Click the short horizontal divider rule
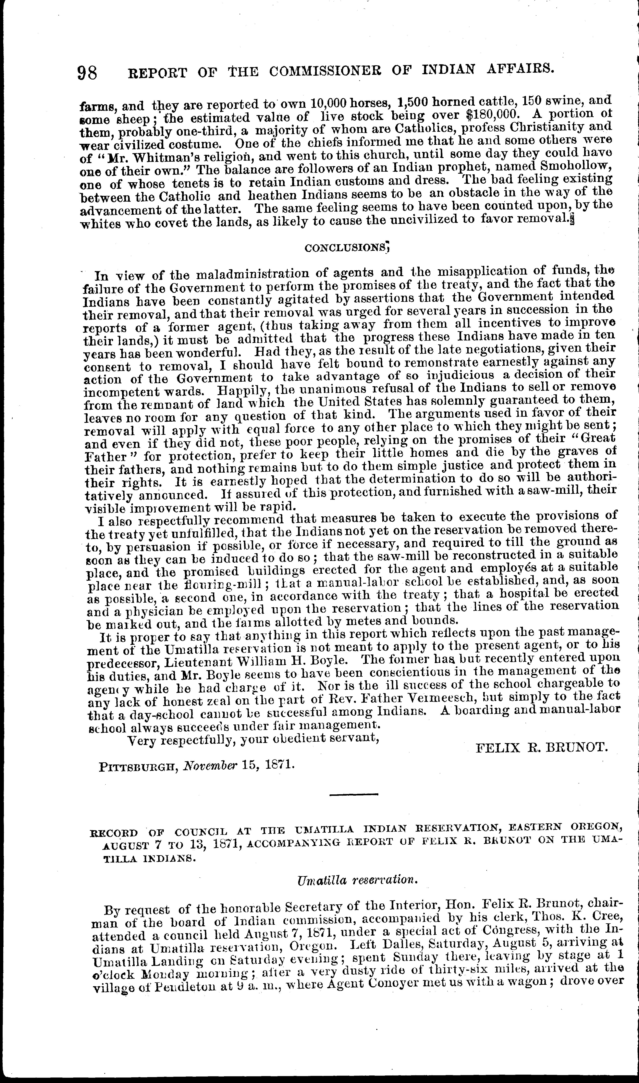[x=354, y=794]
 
